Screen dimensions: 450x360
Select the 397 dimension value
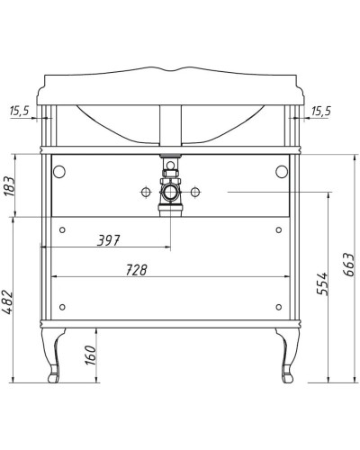pos(107,240)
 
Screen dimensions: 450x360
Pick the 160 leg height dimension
pos(90,355)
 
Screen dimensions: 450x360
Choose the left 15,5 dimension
pos(19,111)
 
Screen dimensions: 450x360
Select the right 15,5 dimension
pos(321,111)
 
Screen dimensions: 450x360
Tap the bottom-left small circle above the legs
pos(61,303)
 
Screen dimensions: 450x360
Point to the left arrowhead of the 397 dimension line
pos(53,247)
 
